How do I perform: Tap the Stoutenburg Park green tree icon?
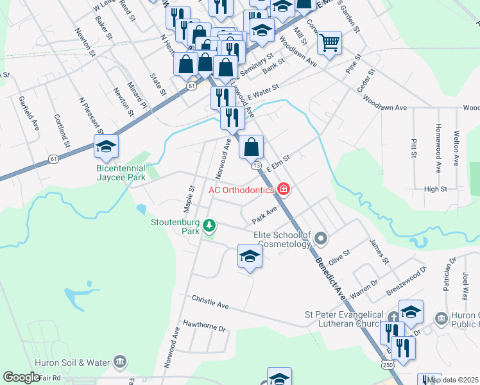(x=209, y=225)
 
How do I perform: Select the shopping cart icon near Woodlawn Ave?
(x=329, y=42)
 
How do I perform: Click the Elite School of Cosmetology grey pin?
(x=321, y=239)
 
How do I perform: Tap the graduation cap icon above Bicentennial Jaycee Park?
(x=106, y=147)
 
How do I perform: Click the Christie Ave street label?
(x=210, y=302)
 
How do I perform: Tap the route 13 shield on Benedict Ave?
(x=256, y=166)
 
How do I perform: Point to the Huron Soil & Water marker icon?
(x=119, y=363)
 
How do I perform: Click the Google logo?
(x=21, y=377)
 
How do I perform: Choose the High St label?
(x=435, y=189)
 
